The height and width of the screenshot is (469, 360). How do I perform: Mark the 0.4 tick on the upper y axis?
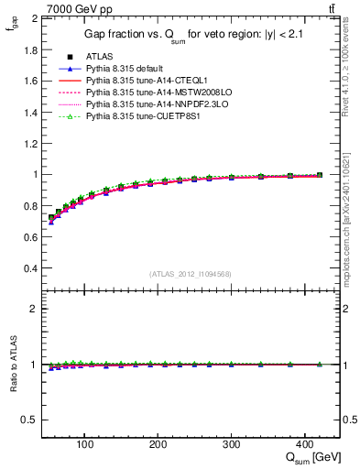tap(30, 268)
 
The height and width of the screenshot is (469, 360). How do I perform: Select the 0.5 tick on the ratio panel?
tap(30, 420)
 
